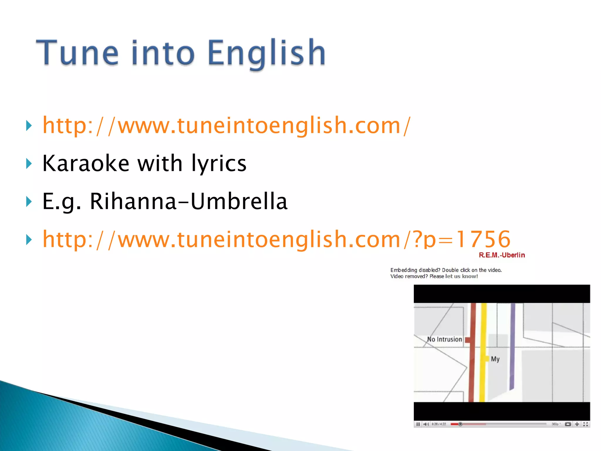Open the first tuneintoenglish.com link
tap(226, 126)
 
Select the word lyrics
tap(219, 164)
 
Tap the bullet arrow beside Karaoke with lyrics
tap(29, 164)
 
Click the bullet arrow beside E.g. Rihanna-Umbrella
tap(29, 202)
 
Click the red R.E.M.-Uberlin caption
tap(502, 255)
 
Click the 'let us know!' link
tap(461, 276)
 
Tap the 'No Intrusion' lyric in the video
tap(444, 339)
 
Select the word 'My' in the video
tap(495, 359)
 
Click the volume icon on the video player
tap(426, 424)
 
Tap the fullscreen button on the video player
tap(585, 424)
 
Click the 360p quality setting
tap(555, 424)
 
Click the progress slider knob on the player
tap(460, 424)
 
